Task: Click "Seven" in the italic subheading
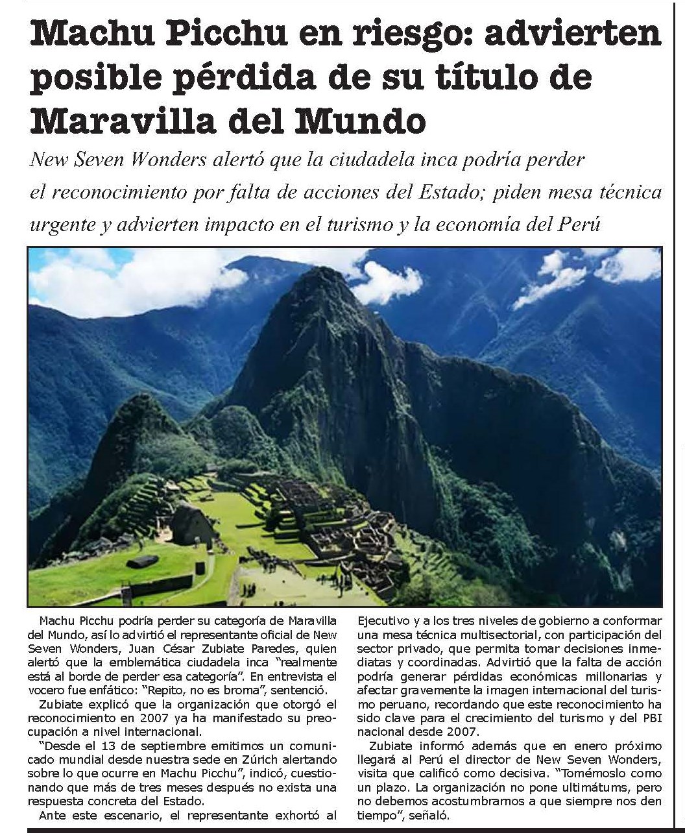104,160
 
